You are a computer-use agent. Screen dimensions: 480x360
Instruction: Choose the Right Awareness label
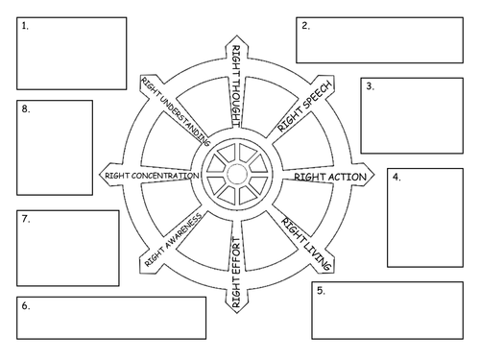point(173,240)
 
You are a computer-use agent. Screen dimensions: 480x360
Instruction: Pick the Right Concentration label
point(152,177)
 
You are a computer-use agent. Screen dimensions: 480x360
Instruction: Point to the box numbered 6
point(111,318)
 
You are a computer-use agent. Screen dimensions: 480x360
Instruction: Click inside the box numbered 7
point(67,248)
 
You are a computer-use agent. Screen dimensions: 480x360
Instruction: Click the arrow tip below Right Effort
point(236,311)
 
